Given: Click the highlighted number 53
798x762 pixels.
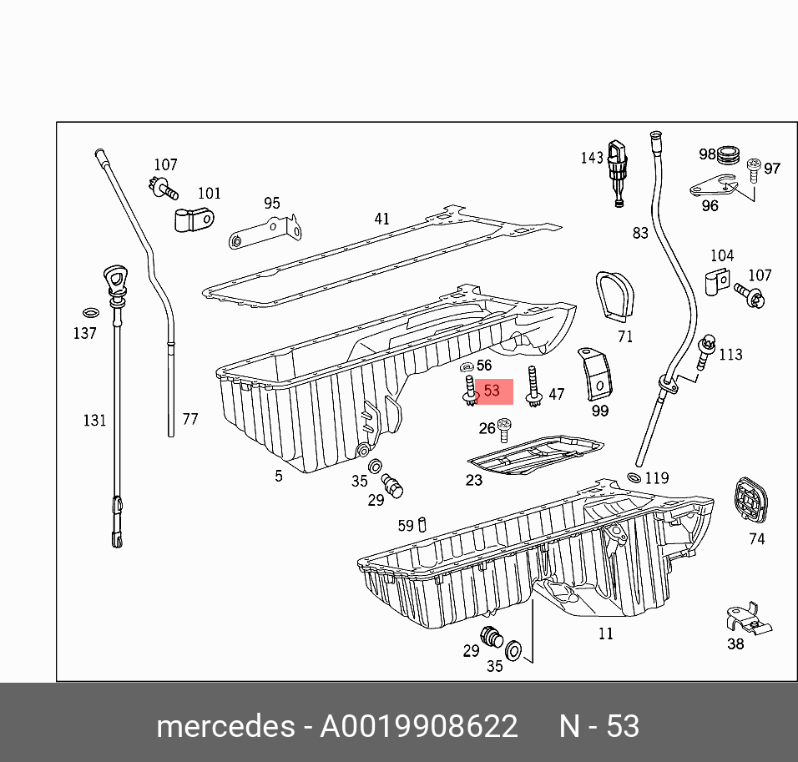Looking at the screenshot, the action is tap(492, 391).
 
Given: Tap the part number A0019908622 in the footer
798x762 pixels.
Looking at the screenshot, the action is tap(419, 726).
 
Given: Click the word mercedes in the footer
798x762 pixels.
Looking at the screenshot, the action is tap(224, 726).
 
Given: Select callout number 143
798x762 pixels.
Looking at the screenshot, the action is tap(592, 158).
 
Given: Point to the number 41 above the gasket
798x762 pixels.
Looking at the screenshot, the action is tap(381, 220).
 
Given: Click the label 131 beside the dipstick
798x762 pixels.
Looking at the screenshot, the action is tap(94, 420).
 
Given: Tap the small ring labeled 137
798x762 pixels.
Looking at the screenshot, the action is tap(90, 314).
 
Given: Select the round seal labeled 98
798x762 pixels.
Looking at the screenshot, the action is tap(730, 154).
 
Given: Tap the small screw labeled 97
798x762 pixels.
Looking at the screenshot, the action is tap(754, 169).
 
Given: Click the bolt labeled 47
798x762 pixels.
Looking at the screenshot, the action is tap(532, 387).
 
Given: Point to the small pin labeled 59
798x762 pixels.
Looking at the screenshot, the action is tap(423, 525).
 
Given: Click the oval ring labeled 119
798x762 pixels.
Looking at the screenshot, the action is tap(634, 477).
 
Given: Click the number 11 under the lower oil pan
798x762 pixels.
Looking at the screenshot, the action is tap(606, 634).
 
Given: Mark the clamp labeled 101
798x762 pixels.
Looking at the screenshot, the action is tap(194, 220).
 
